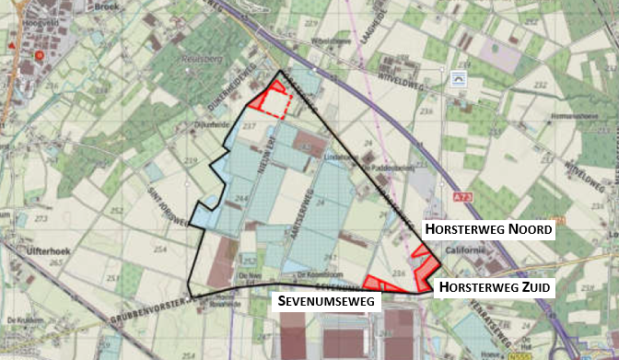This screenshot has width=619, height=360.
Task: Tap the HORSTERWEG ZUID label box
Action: coord(494,287)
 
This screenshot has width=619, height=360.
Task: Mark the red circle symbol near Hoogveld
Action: coord(40,55)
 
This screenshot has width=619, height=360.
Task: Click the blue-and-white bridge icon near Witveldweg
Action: coord(458,80)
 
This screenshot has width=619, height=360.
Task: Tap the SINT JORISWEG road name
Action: coord(160,201)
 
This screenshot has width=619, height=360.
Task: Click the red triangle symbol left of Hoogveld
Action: coord(10,44)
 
